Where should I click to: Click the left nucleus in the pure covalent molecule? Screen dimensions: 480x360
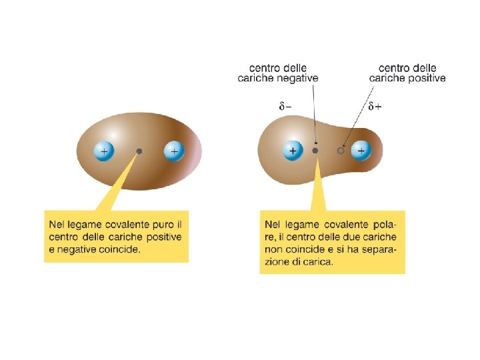pos(104,151)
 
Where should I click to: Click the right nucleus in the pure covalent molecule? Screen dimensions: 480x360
pos(174,151)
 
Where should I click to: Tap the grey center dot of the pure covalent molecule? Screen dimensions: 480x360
pos(139,151)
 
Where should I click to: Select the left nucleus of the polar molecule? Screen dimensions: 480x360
pos(291,151)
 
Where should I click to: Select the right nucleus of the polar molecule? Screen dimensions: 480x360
pos(361,151)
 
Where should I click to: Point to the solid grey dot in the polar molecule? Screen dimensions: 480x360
pos(315,151)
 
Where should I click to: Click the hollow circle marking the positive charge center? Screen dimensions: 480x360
pos(341,151)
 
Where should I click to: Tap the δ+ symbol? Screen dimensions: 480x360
pos(375,105)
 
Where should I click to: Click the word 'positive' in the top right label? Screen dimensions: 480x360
pos(427,78)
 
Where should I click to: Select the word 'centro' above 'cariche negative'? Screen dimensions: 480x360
pos(264,67)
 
